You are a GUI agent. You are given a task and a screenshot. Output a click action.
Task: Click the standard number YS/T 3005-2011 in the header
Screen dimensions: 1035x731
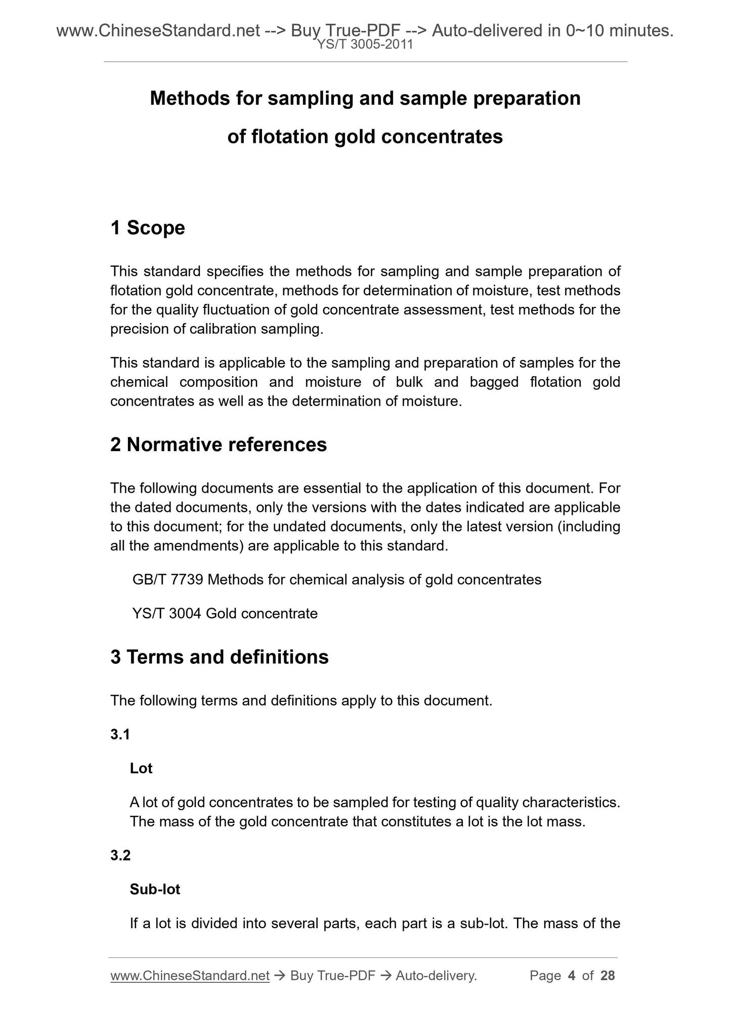pos(365,45)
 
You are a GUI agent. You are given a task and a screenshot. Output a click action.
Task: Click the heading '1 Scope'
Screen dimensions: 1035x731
pos(148,228)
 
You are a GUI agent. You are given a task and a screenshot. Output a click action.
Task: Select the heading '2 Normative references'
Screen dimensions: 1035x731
pos(219,445)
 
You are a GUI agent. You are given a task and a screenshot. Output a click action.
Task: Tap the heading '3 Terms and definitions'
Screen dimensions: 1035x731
pos(220,657)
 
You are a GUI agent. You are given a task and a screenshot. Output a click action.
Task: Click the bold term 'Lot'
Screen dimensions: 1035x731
pos(141,768)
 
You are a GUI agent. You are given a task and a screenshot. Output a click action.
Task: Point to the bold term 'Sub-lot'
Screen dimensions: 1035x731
pos(155,889)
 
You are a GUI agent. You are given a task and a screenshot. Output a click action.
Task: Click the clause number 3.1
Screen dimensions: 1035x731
pos(120,734)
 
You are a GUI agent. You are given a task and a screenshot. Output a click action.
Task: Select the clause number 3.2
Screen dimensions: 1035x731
pos(120,855)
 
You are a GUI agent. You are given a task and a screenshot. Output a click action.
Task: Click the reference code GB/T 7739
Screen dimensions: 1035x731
pos(168,579)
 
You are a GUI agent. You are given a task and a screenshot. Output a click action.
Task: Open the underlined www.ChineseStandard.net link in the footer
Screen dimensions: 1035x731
pos(190,975)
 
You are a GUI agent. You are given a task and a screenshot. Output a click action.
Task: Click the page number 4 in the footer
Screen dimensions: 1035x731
pos(572,975)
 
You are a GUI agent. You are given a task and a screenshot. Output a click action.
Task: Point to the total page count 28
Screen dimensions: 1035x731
pos(608,975)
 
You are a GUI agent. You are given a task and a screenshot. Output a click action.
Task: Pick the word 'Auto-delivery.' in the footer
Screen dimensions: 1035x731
pos(436,975)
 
